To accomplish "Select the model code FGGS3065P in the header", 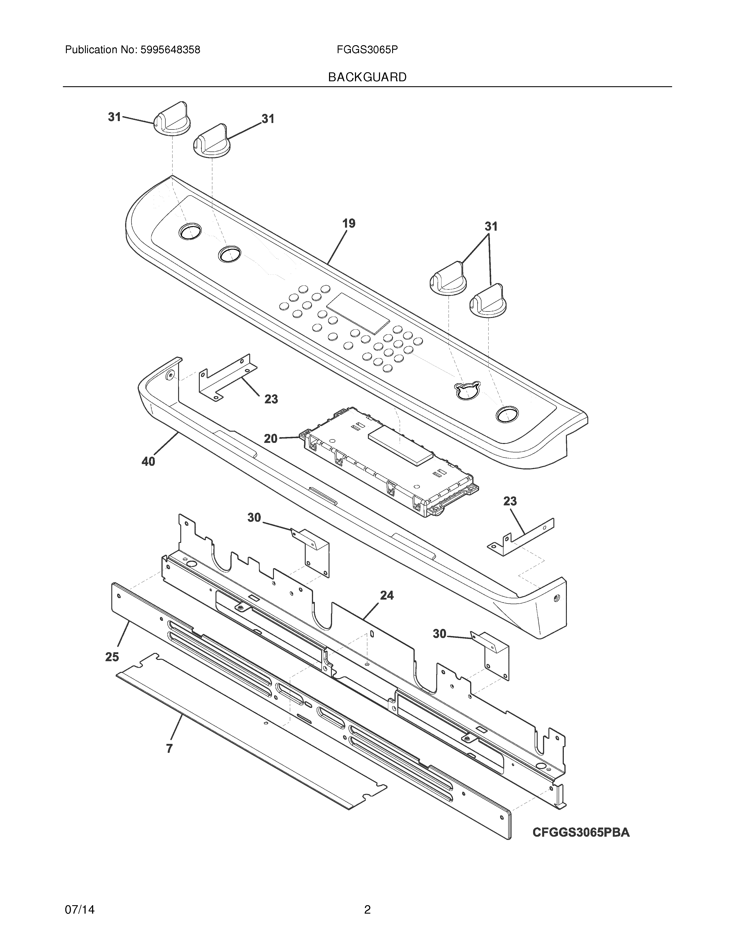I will click(367, 50).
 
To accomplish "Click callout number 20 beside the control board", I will click(270, 439).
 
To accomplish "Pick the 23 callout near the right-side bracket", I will click(510, 501).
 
